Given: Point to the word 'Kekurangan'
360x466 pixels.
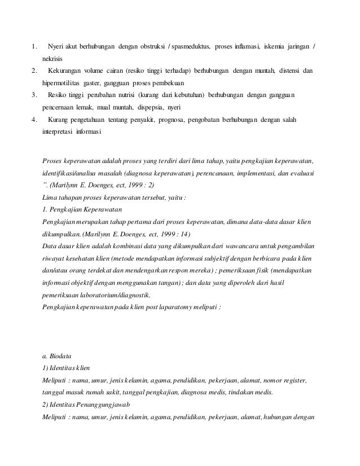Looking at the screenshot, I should (65, 71).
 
